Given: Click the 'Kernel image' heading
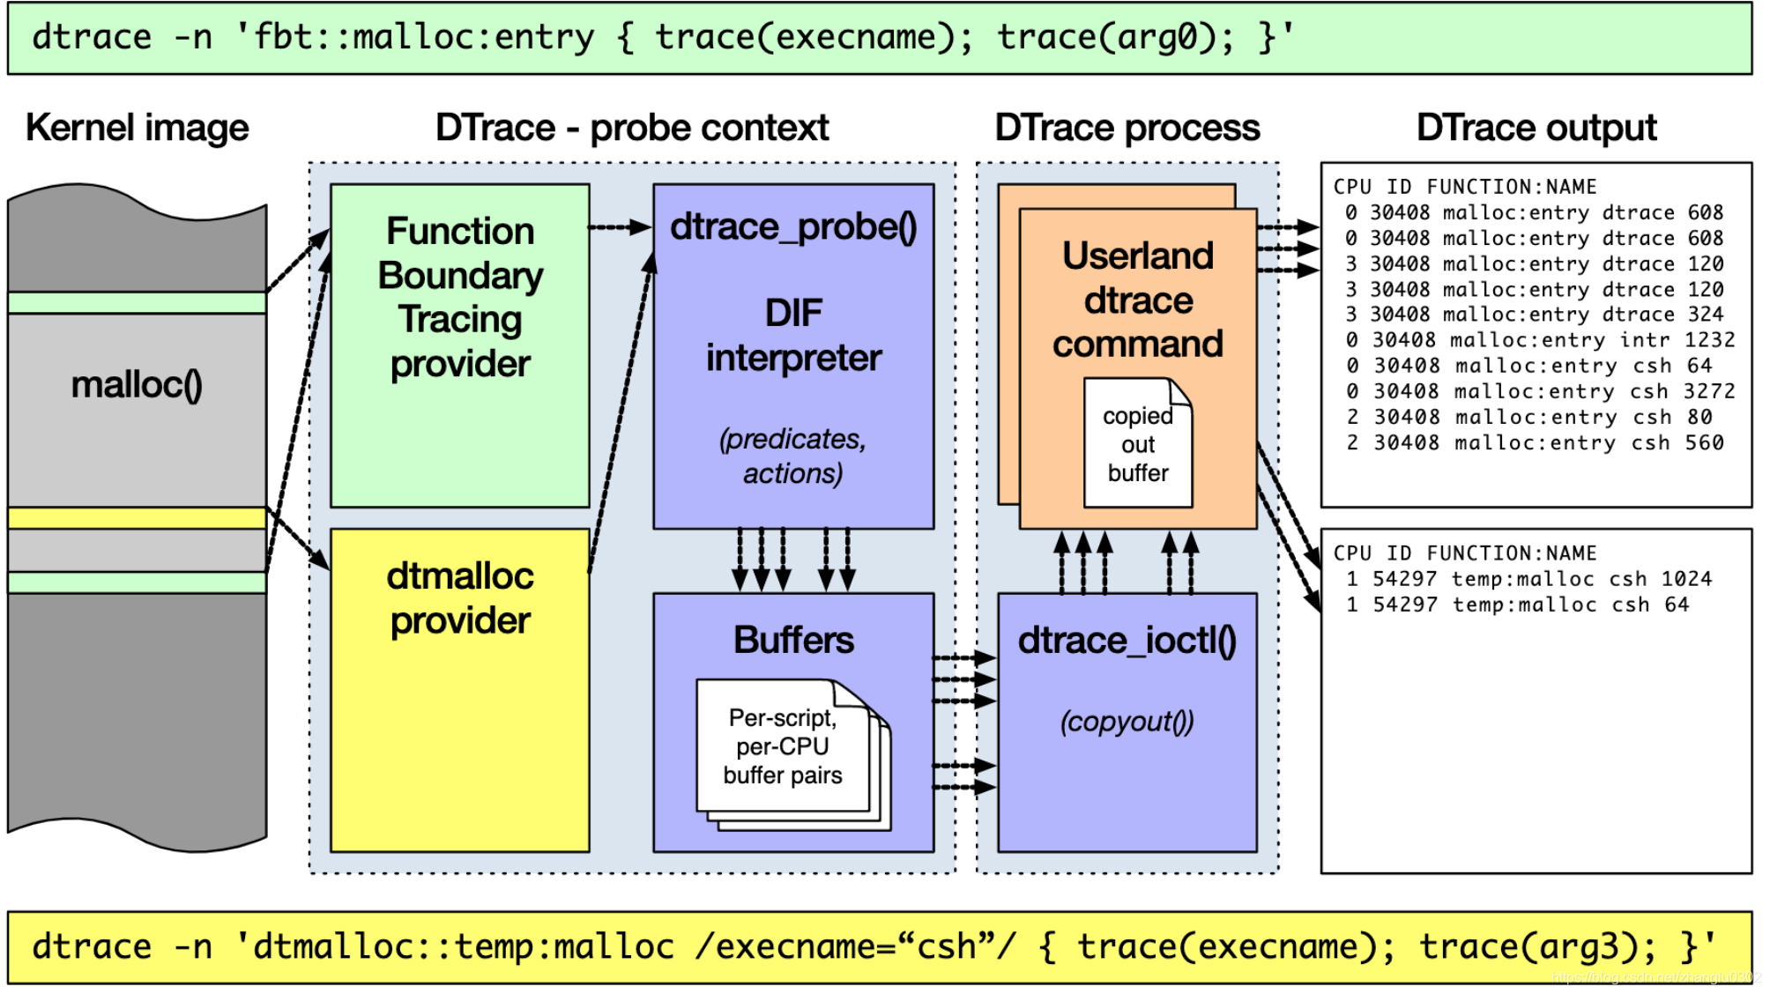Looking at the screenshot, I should pos(137,129).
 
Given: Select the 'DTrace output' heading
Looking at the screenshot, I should pos(1536,129).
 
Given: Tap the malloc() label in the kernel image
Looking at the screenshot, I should pos(137,385).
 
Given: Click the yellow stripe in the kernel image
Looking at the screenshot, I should pos(137,517).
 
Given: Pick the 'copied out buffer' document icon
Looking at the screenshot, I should pos(1137,443).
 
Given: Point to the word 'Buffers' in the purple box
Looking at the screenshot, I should pos(793,640).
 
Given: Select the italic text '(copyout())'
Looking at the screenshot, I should pos(1127,722).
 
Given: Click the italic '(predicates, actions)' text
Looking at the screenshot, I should pos(792,456).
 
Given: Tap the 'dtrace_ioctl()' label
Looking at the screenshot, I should pos(1127,641).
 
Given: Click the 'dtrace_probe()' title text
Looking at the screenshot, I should pos(793,227).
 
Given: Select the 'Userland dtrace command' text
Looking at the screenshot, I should pos(1137,300).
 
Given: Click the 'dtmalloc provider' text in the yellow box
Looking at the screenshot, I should pos(459,598).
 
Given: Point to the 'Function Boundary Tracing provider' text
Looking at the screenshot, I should pos(459,297).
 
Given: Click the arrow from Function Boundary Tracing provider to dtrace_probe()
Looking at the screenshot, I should pos(620,227).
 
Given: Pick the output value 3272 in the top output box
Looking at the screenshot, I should pos(1708,391).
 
